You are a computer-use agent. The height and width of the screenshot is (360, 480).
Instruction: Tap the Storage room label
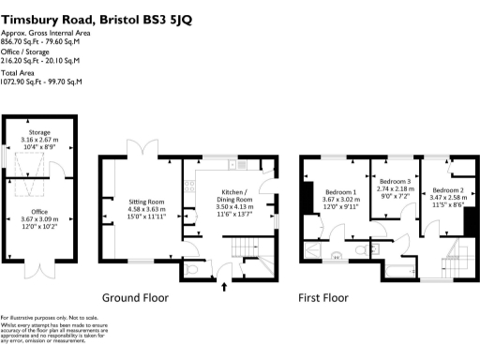pyautogui.click(x=39, y=132)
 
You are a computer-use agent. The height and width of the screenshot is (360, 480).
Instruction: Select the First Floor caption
pyautogui.click(x=324, y=298)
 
